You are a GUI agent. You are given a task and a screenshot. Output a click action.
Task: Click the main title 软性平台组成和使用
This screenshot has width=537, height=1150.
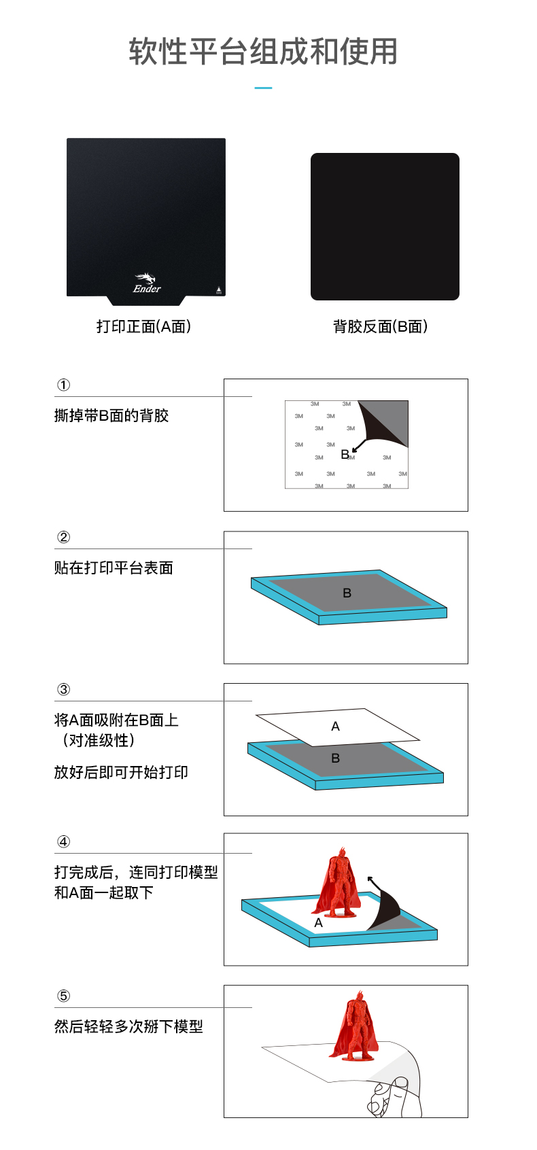coord(263,52)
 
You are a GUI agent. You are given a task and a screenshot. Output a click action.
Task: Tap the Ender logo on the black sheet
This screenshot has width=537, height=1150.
coord(147,283)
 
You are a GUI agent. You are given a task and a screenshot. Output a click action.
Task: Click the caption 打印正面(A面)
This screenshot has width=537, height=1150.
coord(143,326)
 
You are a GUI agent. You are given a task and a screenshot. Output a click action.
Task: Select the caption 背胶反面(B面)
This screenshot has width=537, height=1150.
coord(381,326)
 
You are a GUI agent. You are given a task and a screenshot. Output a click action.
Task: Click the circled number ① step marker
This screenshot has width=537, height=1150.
coord(63,385)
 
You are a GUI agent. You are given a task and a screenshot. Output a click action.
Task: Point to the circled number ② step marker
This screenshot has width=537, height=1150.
coord(63,537)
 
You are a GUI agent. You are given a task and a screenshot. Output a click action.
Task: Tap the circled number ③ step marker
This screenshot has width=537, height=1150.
coord(63,689)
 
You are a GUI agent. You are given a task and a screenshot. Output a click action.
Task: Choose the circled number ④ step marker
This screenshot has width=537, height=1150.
coord(63,842)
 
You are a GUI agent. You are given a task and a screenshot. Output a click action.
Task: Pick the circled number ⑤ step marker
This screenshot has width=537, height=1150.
coord(63,996)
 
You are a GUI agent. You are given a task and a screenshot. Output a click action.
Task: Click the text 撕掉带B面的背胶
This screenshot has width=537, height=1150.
coord(111,415)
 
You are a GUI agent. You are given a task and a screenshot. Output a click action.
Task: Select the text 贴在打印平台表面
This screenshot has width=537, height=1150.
coord(114,568)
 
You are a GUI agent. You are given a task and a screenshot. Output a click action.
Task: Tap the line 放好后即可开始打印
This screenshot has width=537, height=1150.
coord(121,772)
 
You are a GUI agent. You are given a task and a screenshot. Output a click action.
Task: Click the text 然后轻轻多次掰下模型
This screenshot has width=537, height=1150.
coord(129,1027)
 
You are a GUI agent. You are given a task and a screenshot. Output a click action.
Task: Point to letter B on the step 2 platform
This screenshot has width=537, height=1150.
coord(347,593)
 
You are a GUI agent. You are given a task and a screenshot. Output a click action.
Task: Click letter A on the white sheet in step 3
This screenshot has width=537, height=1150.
coord(335,727)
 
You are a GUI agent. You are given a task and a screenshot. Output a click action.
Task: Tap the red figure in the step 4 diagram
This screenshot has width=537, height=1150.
coord(336,882)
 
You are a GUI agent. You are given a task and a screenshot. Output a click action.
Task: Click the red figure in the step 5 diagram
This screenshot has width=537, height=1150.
coord(356,1027)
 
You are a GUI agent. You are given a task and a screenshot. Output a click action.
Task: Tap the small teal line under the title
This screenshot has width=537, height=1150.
coord(263,88)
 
